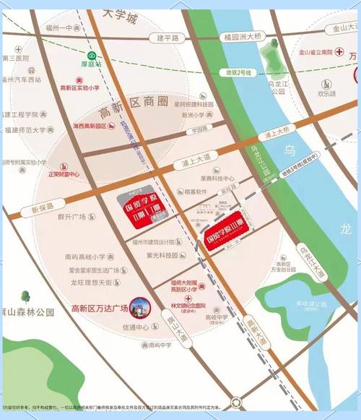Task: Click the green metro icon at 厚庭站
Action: (x=92, y=56)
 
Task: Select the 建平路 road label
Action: (x=167, y=37)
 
